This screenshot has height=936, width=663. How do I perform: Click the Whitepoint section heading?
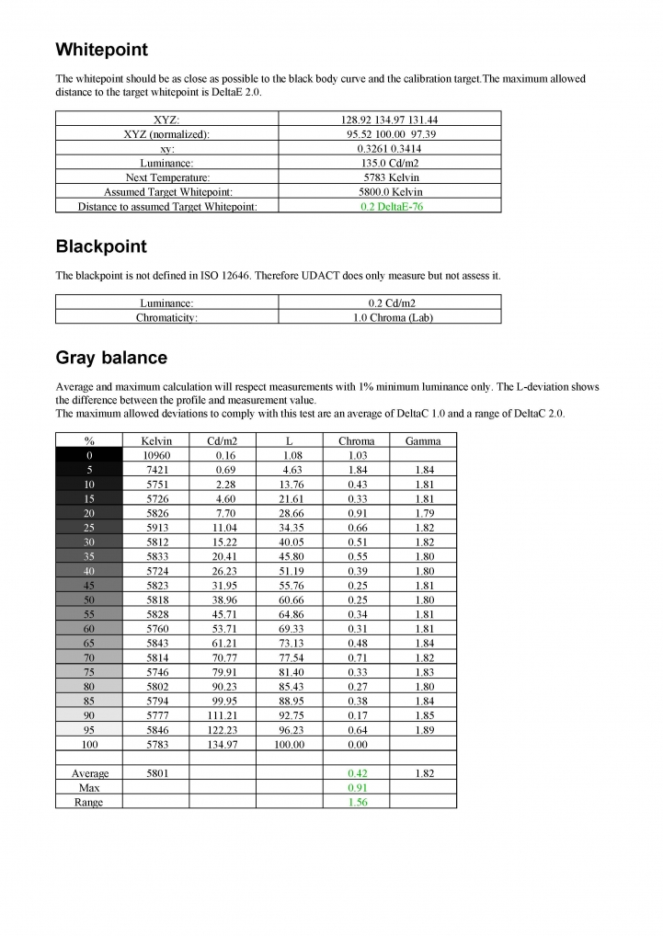coord(101,50)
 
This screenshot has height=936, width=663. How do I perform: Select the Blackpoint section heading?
coord(101,247)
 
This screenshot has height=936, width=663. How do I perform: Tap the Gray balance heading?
coord(111,357)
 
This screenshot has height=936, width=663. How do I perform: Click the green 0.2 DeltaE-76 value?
coord(390,207)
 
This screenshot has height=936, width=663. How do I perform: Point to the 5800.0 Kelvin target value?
coord(390,192)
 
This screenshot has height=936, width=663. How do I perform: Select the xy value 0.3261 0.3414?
coord(390,148)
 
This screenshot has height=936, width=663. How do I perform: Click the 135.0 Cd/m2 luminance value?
coord(390,163)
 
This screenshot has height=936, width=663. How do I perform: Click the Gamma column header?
coord(423,440)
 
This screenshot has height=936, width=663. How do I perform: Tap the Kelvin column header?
coord(156,440)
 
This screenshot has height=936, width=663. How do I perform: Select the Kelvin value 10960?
coord(156,455)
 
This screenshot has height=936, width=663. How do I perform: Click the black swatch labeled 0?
coord(89,455)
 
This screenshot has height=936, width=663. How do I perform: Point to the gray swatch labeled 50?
coord(89,599)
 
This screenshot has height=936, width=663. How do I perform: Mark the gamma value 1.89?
coord(423,729)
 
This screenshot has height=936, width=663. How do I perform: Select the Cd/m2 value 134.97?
coord(223,744)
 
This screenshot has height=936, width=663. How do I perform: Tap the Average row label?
coord(90,774)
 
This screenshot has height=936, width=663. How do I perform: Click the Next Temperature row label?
coord(167,177)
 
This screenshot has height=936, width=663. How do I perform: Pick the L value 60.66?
coord(290,599)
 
